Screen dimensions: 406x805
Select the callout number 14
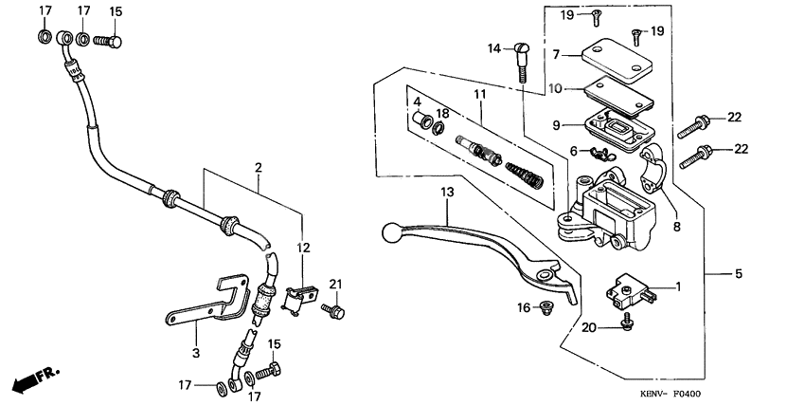pos(493,48)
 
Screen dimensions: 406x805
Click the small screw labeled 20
pos(625,324)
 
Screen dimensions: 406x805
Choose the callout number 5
pos(739,274)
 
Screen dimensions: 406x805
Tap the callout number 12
pos(303,248)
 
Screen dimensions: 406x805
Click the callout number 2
pos(257,168)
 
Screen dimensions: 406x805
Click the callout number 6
pos(574,150)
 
